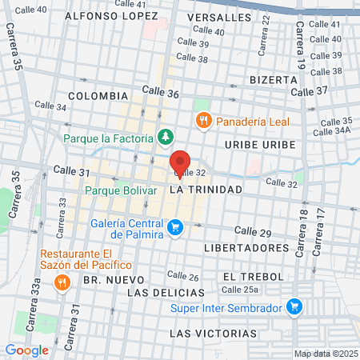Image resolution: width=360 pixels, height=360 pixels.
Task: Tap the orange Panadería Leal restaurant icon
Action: [203, 120]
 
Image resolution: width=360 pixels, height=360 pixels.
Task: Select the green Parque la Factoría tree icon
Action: [165, 138]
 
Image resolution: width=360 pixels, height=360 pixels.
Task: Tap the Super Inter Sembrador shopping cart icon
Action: [294, 307]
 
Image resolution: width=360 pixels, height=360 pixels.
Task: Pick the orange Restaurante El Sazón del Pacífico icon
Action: [61, 282]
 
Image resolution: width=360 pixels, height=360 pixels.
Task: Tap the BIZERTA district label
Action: [274, 80]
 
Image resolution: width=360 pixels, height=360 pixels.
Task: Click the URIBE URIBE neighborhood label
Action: [260, 144]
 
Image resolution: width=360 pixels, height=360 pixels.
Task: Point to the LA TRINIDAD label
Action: [206, 190]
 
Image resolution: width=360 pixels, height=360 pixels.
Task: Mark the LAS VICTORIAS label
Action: [214, 332]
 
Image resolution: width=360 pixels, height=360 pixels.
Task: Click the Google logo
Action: [26, 350]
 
